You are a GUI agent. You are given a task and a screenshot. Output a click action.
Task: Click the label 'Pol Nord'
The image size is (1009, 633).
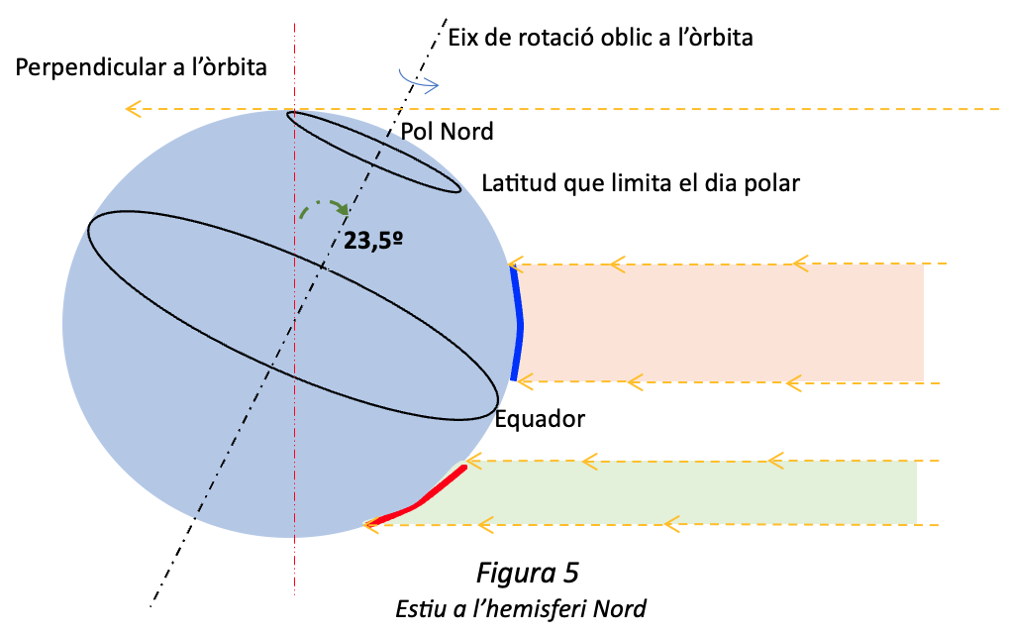[447, 132]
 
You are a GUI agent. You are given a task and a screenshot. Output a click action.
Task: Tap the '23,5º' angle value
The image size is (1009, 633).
[373, 240]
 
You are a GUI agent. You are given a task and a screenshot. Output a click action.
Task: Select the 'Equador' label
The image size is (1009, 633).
[540, 419]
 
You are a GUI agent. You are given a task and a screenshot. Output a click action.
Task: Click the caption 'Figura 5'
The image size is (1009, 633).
[528, 573]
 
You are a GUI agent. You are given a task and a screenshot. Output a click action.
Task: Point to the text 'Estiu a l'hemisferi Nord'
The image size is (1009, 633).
[521, 608]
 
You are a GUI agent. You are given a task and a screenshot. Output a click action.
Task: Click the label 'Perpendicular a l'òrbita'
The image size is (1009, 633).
[141, 67]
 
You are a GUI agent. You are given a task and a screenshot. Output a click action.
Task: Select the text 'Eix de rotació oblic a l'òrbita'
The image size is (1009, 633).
[600, 38]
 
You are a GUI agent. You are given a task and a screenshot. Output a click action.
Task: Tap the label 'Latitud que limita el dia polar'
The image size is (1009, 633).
[641, 183]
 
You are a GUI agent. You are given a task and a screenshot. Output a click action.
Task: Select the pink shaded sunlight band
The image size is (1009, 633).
[721, 323]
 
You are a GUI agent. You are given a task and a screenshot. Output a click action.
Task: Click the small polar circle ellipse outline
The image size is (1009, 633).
[373, 152]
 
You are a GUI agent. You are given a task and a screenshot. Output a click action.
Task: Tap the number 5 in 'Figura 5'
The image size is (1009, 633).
[571, 573]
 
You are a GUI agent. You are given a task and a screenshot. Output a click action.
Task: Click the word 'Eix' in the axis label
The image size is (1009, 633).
[462, 38]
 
